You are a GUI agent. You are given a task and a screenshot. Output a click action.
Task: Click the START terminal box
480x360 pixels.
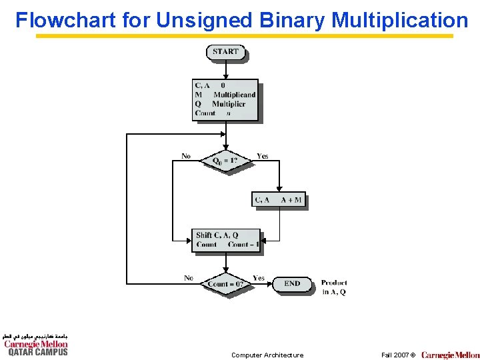click(x=225, y=52)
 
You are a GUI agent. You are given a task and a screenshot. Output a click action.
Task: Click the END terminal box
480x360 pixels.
click(x=292, y=284)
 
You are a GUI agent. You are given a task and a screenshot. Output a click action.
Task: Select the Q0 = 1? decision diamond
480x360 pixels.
click(x=225, y=161)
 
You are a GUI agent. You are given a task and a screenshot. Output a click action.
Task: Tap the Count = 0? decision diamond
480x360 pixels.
click(x=225, y=284)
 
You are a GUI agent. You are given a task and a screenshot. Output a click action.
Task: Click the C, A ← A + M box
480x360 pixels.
click(x=279, y=200)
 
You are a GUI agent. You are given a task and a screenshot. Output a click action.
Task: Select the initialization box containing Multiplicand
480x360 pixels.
click(x=225, y=100)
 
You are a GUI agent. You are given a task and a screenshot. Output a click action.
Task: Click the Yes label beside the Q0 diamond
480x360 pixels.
click(x=263, y=157)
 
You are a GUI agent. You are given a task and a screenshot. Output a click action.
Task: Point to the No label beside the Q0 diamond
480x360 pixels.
click(x=186, y=157)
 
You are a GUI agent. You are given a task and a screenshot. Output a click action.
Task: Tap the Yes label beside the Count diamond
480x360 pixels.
click(x=259, y=278)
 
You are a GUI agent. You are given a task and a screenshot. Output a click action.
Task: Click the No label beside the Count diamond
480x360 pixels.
click(x=189, y=278)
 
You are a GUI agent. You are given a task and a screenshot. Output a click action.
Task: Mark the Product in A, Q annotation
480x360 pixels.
click(x=333, y=287)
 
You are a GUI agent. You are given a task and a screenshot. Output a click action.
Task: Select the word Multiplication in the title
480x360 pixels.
click(x=399, y=20)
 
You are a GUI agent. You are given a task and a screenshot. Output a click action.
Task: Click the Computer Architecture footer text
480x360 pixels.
click(x=267, y=355)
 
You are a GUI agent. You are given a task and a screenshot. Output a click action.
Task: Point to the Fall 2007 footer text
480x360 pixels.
click(x=398, y=355)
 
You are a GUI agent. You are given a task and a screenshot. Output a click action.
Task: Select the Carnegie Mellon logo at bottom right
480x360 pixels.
click(x=450, y=355)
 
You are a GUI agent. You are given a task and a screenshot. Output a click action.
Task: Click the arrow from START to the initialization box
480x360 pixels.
click(x=226, y=70)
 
